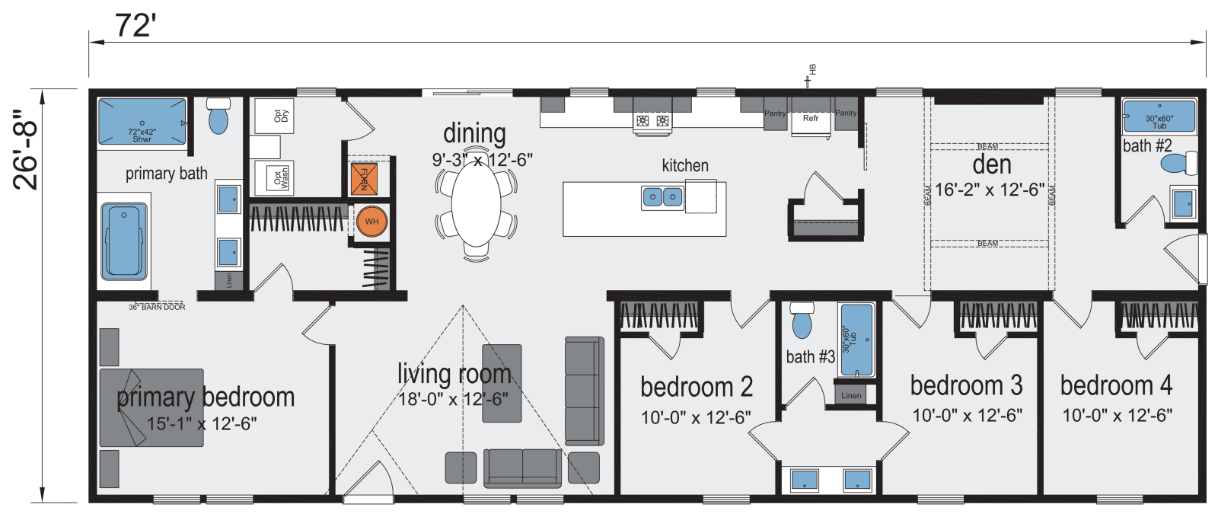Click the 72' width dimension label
click(136, 27)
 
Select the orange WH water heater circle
click(371, 222)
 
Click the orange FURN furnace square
click(364, 178)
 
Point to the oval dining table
click(476, 206)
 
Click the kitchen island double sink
click(662, 198)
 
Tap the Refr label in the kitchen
click(811, 118)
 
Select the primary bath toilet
click(218, 116)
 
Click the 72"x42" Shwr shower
click(142, 122)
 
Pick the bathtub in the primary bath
click(124, 241)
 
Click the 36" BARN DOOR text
click(157, 307)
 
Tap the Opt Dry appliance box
click(275, 116)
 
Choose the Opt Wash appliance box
click(275, 179)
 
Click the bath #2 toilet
click(1178, 163)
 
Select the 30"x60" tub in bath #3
click(856, 340)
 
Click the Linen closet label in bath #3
click(851, 395)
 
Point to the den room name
click(992, 164)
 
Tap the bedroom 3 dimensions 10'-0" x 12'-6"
click(967, 416)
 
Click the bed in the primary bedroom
click(151, 407)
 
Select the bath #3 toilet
click(802, 321)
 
